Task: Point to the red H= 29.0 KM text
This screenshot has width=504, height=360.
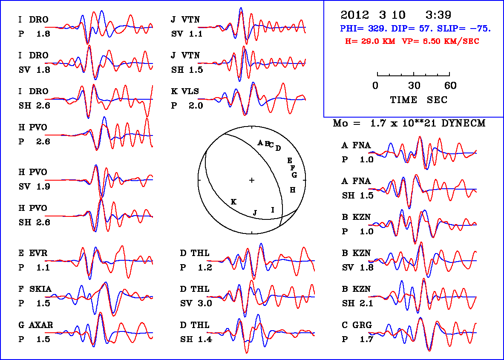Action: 370,41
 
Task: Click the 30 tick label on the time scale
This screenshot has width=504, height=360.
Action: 414,86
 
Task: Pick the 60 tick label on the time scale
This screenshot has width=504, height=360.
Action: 450,86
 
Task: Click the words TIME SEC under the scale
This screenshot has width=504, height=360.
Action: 419,100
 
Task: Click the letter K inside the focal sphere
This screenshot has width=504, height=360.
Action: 233,202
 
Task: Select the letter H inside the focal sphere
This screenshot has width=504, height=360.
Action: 293,190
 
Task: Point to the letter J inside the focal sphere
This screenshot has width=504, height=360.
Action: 255,213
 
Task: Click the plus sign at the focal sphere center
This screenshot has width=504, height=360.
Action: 252,180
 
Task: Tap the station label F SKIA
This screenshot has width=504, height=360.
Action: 35,289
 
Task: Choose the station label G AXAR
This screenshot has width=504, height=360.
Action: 35,325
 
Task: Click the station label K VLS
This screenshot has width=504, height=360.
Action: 185,92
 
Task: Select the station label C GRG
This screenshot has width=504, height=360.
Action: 357,325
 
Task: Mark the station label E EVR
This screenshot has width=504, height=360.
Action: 33,253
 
